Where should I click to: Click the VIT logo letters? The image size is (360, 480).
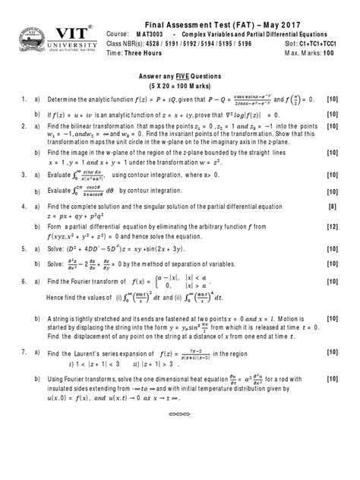pos(67,34)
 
